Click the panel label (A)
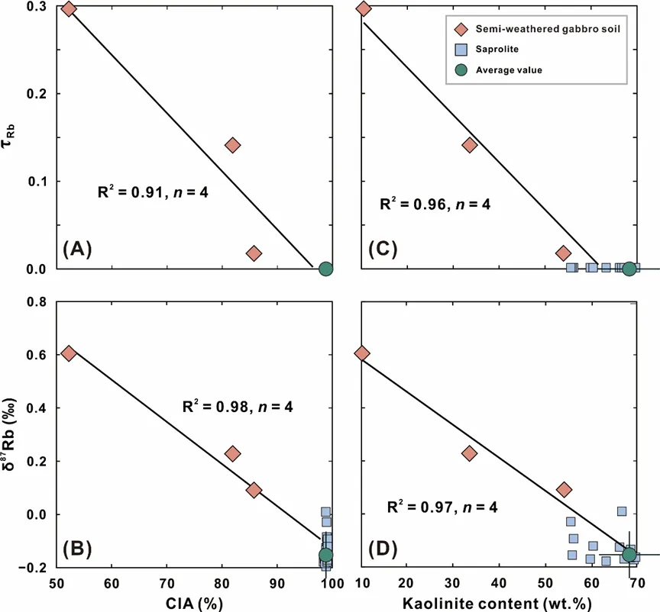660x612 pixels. coord(78,248)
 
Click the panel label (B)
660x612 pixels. coord(78,547)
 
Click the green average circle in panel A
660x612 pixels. coord(325,269)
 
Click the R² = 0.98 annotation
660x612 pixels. coord(238,407)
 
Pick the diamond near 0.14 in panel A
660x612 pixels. coord(233,145)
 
